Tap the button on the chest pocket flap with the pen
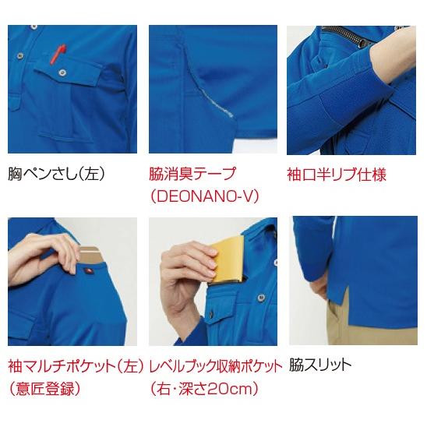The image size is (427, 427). (x=60, y=76)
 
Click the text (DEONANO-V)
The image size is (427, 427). (x=203, y=196)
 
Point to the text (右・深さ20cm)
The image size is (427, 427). (x=203, y=387)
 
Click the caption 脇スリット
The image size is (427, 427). (x=320, y=365)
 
